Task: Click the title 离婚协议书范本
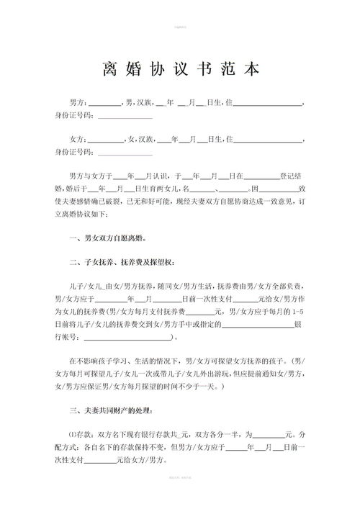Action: pos(180,70)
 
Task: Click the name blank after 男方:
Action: pos(105,105)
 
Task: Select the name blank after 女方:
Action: pos(107,139)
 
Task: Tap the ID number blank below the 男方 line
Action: pos(125,117)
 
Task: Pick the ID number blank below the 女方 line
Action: pos(125,152)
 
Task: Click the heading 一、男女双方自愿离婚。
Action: pos(107,238)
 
